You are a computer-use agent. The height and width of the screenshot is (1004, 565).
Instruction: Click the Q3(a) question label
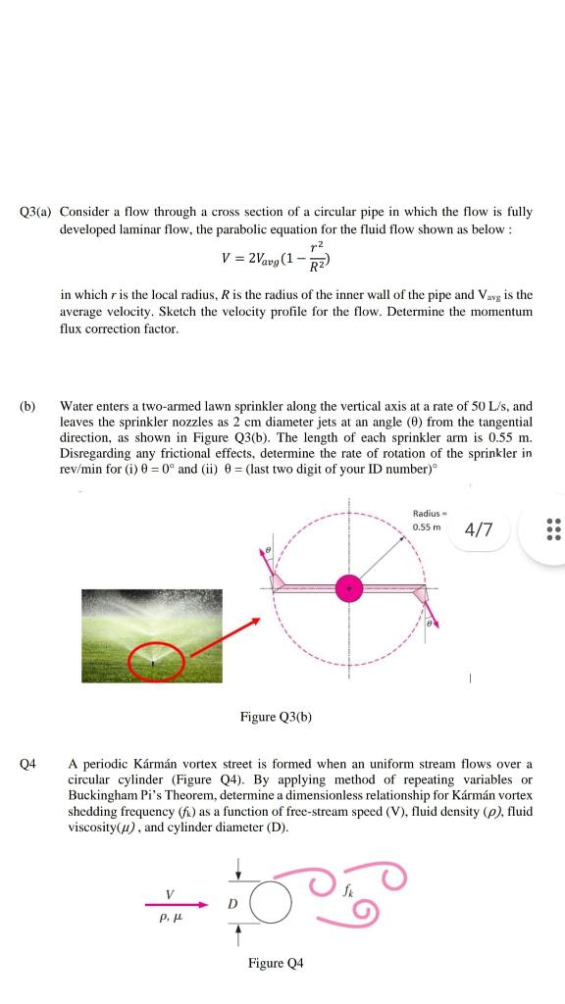(36, 211)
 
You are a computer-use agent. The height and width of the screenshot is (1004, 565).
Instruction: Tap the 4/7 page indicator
(480, 530)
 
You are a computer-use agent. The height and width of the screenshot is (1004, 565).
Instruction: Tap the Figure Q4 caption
(276, 964)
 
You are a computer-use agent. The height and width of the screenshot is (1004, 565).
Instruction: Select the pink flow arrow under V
(177, 905)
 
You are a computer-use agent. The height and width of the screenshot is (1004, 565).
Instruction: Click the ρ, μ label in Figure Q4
(171, 922)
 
